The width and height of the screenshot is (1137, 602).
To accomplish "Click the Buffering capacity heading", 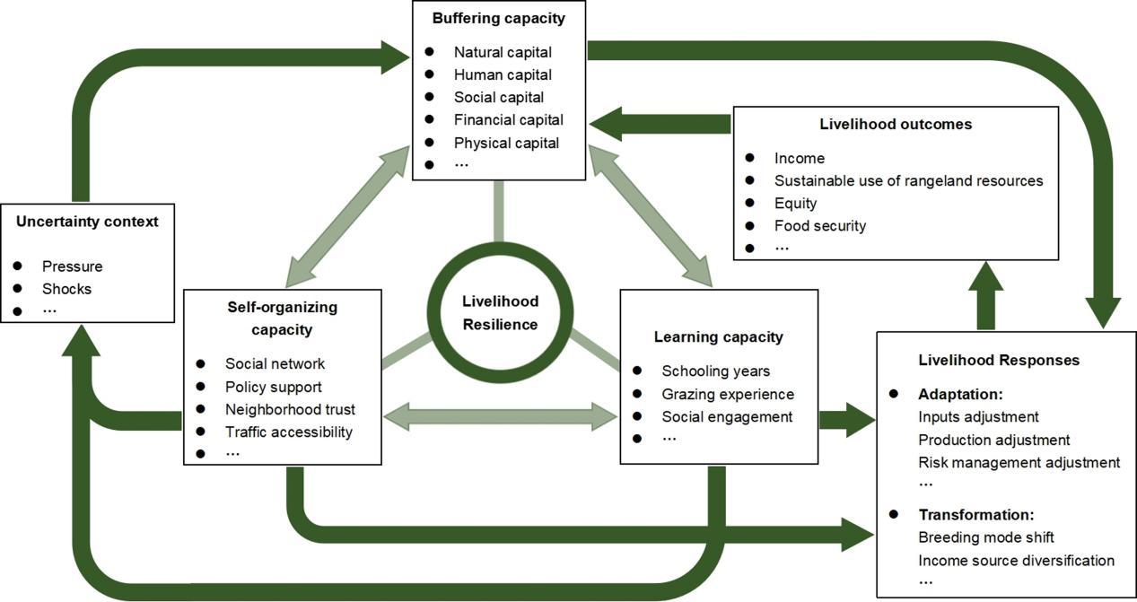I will [x=499, y=18].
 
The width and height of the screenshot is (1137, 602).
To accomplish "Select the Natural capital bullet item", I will [x=503, y=52].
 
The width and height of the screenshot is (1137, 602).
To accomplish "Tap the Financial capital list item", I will [x=508, y=119].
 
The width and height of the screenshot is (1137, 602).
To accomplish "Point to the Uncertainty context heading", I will [x=87, y=222].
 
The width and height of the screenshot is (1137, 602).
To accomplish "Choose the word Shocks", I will [x=66, y=289].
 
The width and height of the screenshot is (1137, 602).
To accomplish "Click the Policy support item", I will [x=273, y=387].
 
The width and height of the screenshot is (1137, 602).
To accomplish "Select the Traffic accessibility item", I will [x=288, y=432].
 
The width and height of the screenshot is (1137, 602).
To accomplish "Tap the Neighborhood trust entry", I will [x=290, y=409].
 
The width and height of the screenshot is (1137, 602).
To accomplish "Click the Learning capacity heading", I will [x=719, y=337].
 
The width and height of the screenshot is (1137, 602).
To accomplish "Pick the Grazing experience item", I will [x=728, y=394].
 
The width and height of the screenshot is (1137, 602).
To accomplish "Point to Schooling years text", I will [x=715, y=371].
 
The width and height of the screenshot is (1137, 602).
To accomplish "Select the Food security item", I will [x=820, y=225].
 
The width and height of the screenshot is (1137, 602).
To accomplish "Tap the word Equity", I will [x=795, y=203].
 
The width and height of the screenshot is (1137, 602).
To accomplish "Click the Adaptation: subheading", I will [x=959, y=394].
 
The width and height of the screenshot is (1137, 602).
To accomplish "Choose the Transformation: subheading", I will [x=976, y=515].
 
